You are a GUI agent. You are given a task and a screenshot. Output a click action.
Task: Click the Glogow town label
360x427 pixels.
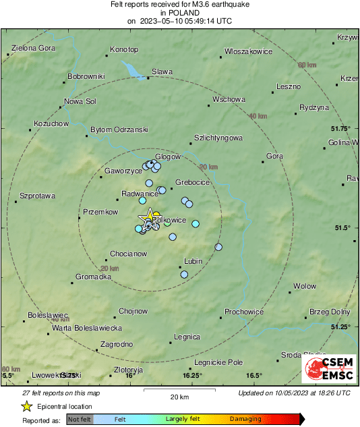(169, 156)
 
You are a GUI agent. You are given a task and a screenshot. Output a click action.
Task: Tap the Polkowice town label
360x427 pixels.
(165, 220)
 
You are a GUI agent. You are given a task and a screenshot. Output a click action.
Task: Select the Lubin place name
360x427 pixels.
(193, 261)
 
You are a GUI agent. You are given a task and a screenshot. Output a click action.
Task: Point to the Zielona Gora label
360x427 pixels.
(33, 49)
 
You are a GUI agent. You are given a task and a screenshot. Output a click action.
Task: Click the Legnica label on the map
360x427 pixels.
(187, 336)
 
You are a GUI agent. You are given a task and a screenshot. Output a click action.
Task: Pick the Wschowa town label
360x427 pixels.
(229, 99)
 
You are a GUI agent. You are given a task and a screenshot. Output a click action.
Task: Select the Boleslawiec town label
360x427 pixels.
(48, 315)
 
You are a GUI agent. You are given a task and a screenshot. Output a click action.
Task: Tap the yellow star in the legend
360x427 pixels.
(26, 406)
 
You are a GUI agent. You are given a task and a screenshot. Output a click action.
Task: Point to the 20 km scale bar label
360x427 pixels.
(179, 396)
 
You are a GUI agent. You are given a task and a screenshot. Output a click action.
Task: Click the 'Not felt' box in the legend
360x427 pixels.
(80, 419)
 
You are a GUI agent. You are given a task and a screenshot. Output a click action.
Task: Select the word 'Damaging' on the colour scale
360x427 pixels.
(245, 419)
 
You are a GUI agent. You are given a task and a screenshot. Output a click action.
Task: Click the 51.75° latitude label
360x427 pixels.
(341, 128)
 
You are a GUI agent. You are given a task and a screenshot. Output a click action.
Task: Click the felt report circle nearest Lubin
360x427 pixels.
(183, 274)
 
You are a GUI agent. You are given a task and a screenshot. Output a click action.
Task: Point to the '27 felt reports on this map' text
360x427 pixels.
(60, 393)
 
